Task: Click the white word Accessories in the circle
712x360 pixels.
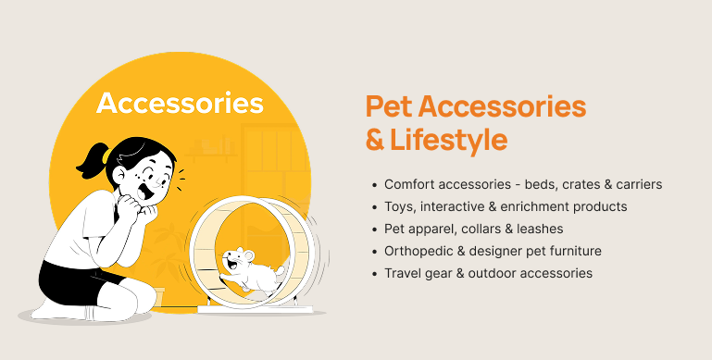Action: pyautogui.click(x=180, y=103)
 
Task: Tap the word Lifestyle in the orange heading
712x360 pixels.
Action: pyautogui.click(x=449, y=140)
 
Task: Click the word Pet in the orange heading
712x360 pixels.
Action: pyautogui.click(x=389, y=106)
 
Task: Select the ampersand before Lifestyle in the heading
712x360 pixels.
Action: pyautogui.click(x=375, y=141)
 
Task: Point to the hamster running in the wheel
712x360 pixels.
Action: pyautogui.click(x=252, y=269)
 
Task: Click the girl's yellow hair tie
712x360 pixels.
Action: pyautogui.click(x=106, y=156)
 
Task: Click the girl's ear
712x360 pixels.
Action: pyautogui.click(x=119, y=176)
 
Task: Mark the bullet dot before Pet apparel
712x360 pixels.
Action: pyautogui.click(x=375, y=230)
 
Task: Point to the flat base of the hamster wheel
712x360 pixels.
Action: pyautogui.click(x=256, y=310)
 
